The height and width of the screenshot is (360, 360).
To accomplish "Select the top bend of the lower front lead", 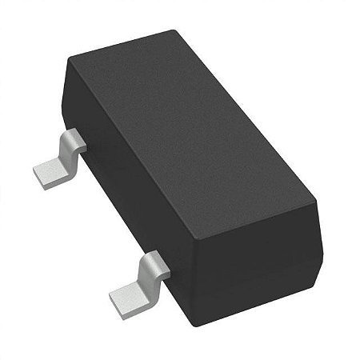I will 154,262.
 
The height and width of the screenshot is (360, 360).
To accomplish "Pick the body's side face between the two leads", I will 120,200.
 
